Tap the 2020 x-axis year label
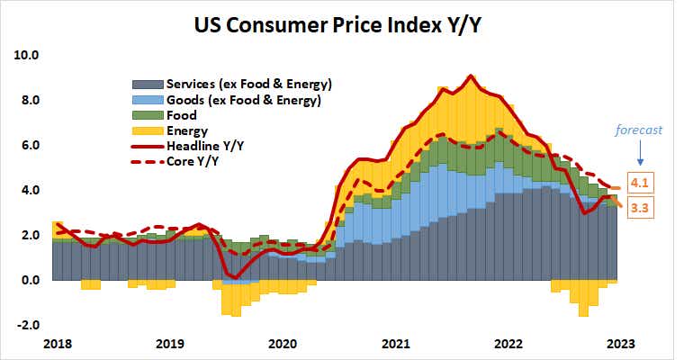click(x=283, y=343)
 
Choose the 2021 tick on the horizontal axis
click(x=395, y=343)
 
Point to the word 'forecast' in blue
click(x=639, y=130)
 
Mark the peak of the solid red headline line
click(x=471, y=76)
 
